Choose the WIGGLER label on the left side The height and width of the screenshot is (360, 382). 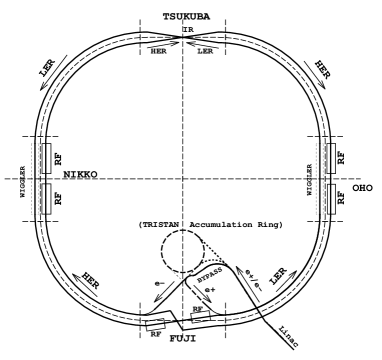click(x=33, y=178)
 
